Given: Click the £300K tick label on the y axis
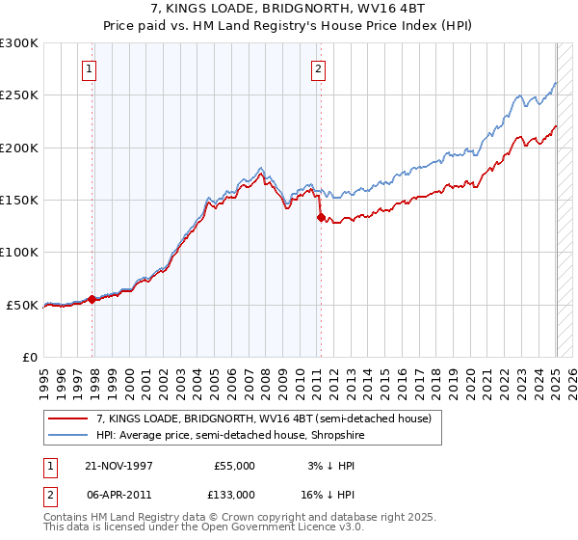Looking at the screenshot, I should tap(19, 43).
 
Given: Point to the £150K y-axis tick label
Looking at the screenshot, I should tap(19, 200).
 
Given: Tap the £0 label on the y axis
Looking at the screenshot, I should tap(29, 357).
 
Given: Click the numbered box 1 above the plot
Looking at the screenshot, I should tap(89, 68).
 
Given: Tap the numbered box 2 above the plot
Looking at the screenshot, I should tap(317, 68).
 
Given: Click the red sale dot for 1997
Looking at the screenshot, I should tap(92, 299).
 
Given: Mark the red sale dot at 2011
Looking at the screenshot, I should tap(320, 218).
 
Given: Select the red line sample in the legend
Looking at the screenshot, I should tap(68, 418).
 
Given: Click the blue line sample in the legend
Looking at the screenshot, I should tap(68, 435).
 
